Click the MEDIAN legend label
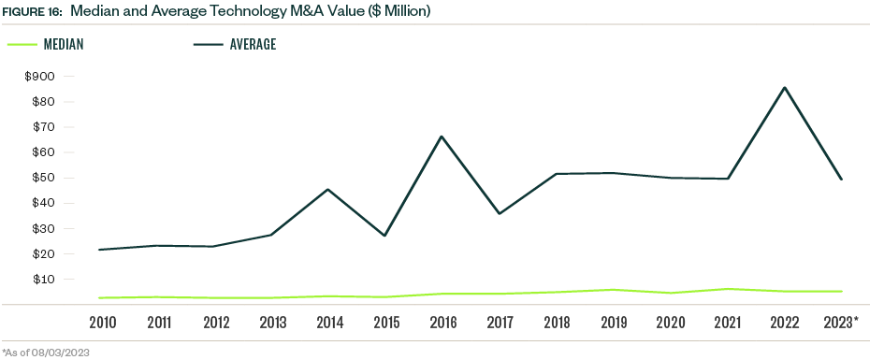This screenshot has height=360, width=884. [65, 44]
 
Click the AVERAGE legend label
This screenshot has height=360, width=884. [253, 44]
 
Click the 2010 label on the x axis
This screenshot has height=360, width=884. [102, 323]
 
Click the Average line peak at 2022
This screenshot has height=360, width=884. [784, 88]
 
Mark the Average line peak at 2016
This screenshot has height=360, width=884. [442, 137]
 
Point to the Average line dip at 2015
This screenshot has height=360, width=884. [384, 236]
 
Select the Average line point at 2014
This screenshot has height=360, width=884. [327, 189]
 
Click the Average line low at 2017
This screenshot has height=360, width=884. [499, 214]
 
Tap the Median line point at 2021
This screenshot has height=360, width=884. [727, 289]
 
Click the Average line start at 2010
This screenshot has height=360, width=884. [99, 250]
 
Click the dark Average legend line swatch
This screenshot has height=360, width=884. [207, 44]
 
